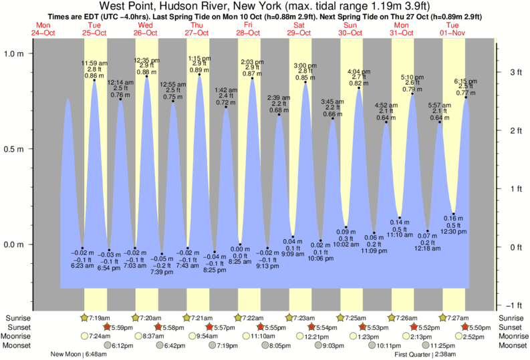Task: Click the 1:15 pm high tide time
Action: coord(199,59)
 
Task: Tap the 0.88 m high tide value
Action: coord(146,72)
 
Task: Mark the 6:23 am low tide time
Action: coord(82,266)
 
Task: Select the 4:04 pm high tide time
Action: coord(359,71)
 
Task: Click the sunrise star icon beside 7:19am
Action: coord(84,317)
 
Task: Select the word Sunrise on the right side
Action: coord(511,317)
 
